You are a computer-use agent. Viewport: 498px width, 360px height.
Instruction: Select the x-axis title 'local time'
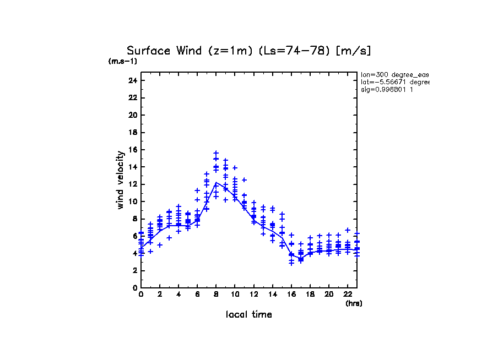click(249, 314)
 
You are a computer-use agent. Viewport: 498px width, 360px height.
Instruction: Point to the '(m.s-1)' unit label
click(122, 61)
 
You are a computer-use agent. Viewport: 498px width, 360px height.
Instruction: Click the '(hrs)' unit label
click(354, 303)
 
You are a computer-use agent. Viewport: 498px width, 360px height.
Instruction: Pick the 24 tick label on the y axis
click(132, 80)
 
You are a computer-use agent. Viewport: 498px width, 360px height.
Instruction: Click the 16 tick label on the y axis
click(132, 150)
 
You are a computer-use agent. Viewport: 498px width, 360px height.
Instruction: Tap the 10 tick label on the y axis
click(132, 201)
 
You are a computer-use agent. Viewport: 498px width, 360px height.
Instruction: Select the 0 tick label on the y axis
click(134, 288)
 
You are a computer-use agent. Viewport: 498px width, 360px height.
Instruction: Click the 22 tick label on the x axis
click(348, 294)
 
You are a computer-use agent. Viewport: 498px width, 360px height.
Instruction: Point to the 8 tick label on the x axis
click(216, 294)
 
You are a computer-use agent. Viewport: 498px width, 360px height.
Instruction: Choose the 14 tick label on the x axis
click(273, 294)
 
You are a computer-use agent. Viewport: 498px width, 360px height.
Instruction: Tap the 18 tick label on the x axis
click(310, 294)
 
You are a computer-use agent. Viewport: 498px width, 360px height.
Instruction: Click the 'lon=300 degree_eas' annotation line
click(394, 74)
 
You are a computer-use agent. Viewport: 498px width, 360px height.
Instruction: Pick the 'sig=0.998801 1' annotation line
click(387, 89)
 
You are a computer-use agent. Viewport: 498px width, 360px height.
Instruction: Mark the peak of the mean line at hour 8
click(216, 182)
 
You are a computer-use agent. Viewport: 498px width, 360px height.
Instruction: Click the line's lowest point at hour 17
click(301, 259)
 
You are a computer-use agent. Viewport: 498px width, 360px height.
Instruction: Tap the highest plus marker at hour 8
click(216, 152)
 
